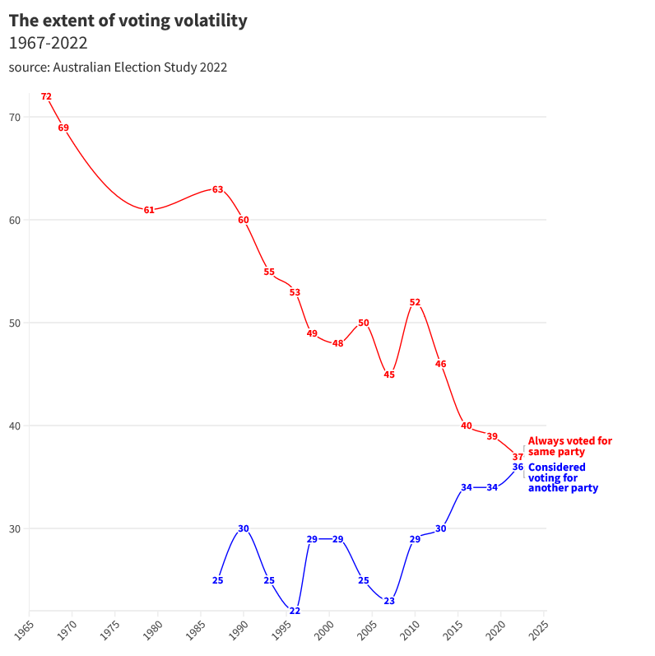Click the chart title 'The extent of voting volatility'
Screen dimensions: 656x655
pos(128,21)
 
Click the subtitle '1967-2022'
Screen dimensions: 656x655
pos(48,44)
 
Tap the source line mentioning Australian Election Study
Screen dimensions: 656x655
pos(118,67)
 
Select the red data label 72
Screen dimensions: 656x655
pos(46,96)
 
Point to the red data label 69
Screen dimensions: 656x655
pos(63,128)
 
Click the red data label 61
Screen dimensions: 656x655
pos(149,210)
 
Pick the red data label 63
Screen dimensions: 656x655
pos(217,189)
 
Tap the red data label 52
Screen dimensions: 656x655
pos(415,302)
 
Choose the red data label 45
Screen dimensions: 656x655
pos(389,375)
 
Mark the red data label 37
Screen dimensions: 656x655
pos(518,457)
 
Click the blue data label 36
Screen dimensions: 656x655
pos(518,467)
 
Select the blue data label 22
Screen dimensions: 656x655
pos(295,611)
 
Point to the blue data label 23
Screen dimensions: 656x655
pos(389,601)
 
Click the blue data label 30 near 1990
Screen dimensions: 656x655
pos(244,528)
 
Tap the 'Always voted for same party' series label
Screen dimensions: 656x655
pos(569,446)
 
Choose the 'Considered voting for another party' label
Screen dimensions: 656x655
pos(563,477)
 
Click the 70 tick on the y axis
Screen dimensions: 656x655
pos(15,117)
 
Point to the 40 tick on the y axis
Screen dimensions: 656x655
pos(15,426)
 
